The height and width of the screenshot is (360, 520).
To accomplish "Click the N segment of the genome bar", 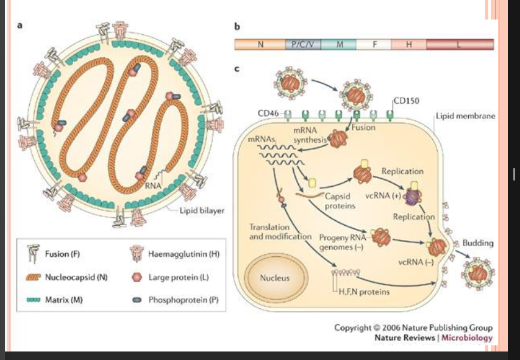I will coord(260,45).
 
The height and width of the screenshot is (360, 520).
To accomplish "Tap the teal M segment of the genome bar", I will coord(339,45).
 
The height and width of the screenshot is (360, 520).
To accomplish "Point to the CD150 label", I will coord(406,101).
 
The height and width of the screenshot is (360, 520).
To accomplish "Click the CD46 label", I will coord(268,113).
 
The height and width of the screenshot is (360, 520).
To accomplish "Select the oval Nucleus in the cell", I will coord(274,278).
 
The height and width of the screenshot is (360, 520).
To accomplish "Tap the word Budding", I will coord(478,243).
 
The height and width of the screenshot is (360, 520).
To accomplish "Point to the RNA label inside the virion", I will coord(152,185).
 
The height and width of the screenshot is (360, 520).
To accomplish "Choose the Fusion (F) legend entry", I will coord(63,254).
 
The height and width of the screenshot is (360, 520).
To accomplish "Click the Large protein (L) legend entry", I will coord(179,277).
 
